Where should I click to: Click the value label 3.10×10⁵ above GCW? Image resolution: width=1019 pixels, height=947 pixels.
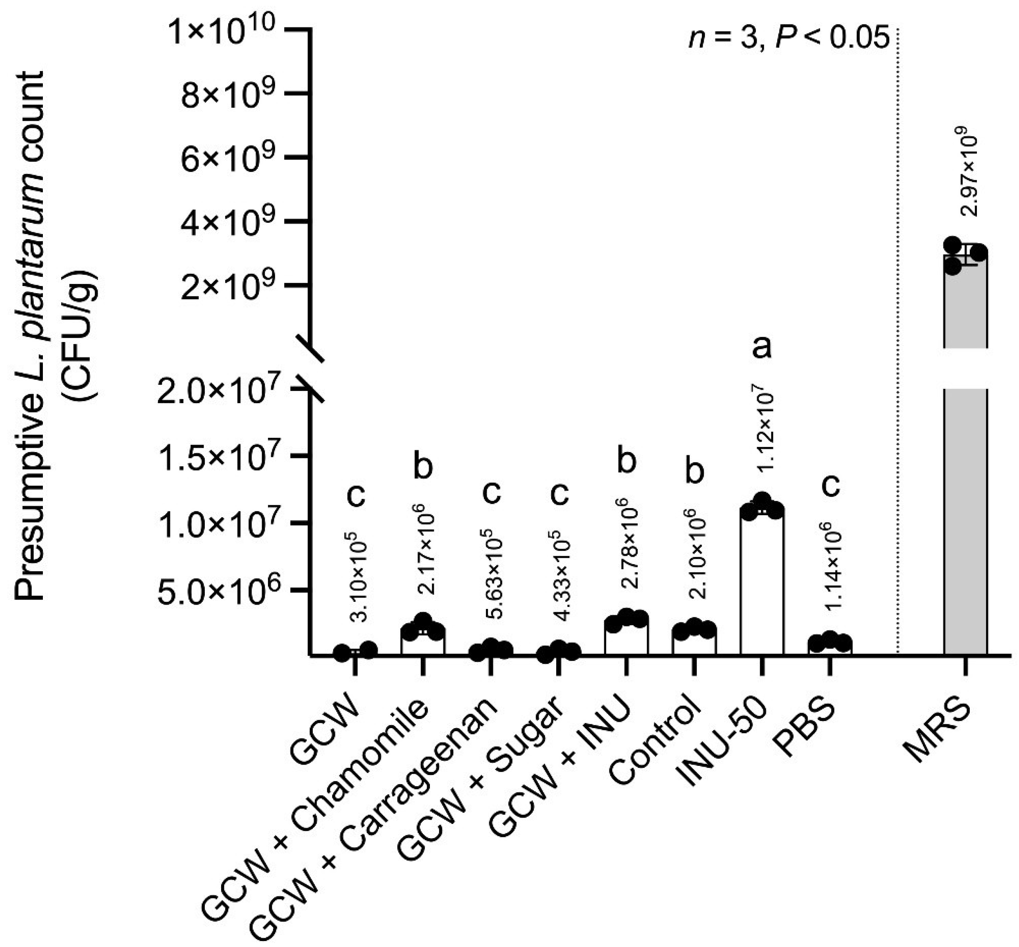[362, 576]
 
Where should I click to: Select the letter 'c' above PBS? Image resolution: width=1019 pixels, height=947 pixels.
[830, 485]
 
